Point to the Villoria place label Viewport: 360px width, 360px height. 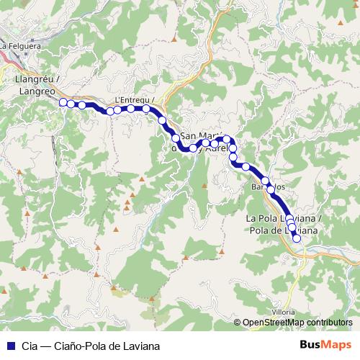coord(283,312)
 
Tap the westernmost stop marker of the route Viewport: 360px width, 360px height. coord(63,103)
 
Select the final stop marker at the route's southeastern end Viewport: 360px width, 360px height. coord(296,238)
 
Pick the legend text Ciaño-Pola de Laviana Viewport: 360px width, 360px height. coord(108,344)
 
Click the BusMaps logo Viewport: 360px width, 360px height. coord(325,344)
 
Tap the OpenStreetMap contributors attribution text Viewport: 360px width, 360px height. coord(298,323)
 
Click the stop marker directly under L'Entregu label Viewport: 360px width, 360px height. coord(131,109)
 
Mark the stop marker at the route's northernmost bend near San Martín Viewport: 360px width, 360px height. coord(227,139)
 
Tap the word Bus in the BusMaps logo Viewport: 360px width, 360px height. coord(311,344)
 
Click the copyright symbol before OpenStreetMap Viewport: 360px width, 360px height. coord(238,323)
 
